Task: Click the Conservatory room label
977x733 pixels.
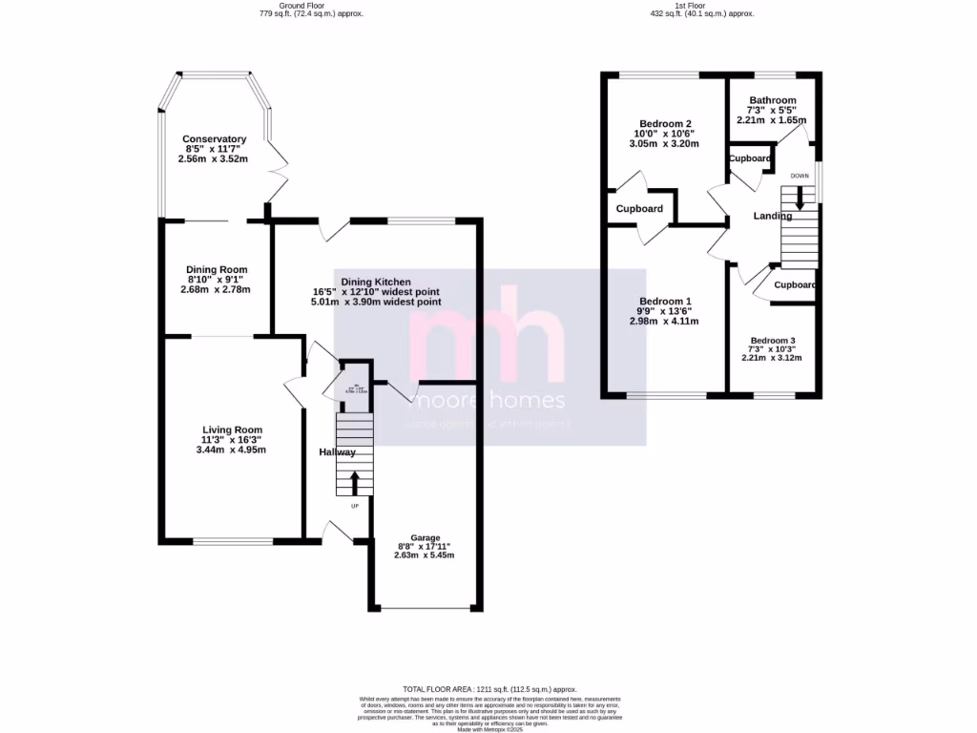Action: click(215, 139)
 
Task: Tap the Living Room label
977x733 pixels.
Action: click(232, 429)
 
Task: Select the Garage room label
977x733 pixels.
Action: click(426, 536)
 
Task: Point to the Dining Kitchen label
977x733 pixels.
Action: click(375, 282)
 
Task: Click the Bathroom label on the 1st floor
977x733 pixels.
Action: click(772, 100)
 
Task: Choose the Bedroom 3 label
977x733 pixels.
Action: click(772, 341)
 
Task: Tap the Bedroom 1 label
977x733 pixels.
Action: click(665, 302)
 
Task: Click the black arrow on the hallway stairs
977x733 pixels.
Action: click(355, 481)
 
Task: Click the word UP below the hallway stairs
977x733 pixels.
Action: click(355, 506)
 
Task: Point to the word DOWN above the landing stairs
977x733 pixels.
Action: click(800, 176)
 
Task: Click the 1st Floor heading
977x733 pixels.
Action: click(701, 6)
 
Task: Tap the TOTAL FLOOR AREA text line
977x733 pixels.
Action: click(489, 688)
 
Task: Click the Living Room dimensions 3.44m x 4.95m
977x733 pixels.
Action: click(232, 450)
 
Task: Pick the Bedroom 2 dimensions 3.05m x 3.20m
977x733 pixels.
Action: click(665, 144)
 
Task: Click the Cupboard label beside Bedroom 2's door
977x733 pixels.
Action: click(639, 208)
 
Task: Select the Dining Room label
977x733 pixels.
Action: click(217, 270)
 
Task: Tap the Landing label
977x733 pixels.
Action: click(773, 216)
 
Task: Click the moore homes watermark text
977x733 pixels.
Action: click(489, 400)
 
